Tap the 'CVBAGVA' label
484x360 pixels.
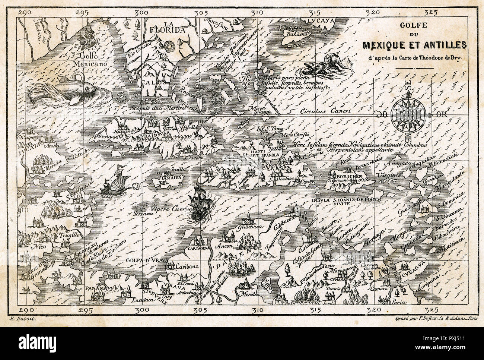coord(408,267)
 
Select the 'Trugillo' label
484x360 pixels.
coord(68,235)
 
